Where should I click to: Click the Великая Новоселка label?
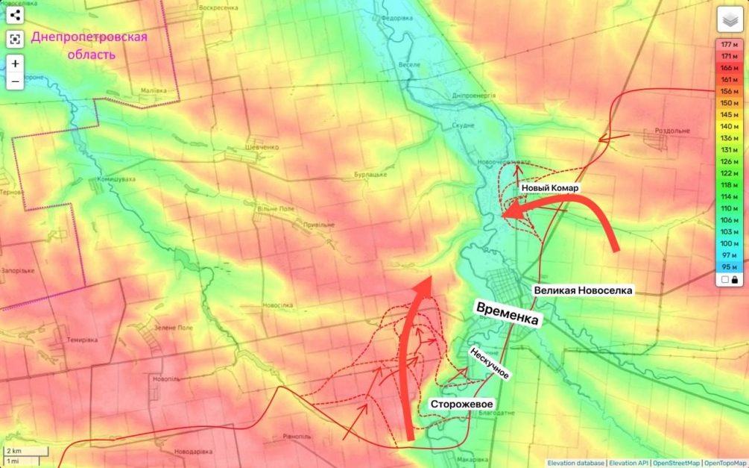click(x=583, y=290)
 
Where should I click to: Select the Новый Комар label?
click(x=550, y=188)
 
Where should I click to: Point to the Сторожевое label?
click(x=461, y=404)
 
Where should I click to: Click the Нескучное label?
click(x=489, y=362)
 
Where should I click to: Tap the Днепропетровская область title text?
click(x=89, y=46)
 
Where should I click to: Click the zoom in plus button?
click(x=15, y=64)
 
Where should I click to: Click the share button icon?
click(x=15, y=15)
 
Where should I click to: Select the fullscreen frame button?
click(x=15, y=40)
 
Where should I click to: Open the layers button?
click(x=730, y=21)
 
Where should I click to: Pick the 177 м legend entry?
click(x=730, y=46)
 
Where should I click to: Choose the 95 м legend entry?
click(x=730, y=266)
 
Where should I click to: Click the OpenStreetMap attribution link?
click(x=675, y=463)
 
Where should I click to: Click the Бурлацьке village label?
click(x=370, y=175)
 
